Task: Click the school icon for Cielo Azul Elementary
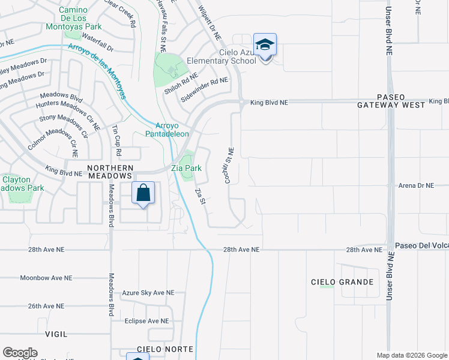(265, 44)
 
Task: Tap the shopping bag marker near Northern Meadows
(143, 194)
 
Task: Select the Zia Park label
(187, 169)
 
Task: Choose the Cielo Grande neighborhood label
(342, 282)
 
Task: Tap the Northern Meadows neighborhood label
(109, 172)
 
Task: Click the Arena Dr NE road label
(415, 186)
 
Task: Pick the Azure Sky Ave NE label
(148, 293)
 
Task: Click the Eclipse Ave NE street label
(146, 321)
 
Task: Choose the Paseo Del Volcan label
(421, 246)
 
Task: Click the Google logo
(20, 353)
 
